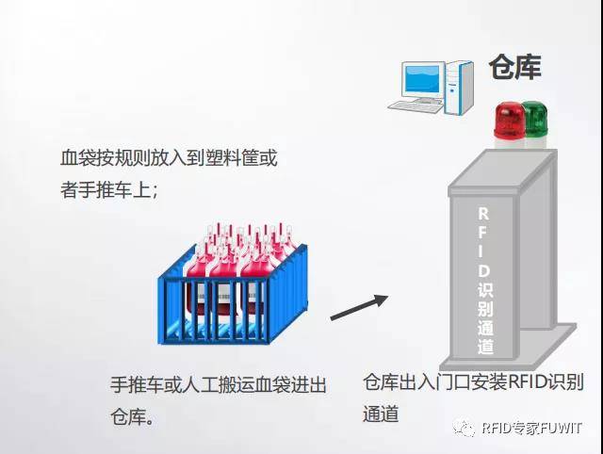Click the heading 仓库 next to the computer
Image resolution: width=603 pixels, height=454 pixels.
click(x=515, y=68)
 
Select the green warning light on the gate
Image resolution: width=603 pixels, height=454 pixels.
click(x=533, y=118)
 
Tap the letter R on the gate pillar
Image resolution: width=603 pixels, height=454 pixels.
click(x=484, y=214)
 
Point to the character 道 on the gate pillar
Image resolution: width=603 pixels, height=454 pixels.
click(x=484, y=346)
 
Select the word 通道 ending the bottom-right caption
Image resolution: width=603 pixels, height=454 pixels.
click(x=381, y=413)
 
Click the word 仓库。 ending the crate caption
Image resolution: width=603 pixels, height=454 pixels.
click(x=133, y=415)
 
